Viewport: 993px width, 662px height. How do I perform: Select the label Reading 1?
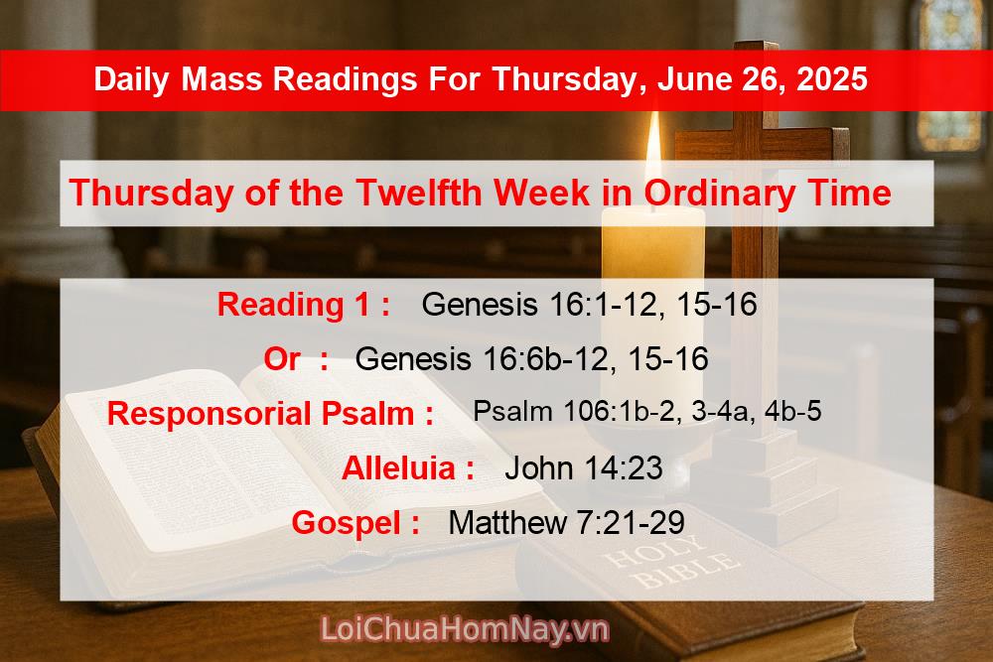click(303, 304)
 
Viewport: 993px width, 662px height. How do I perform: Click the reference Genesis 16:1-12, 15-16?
click(589, 304)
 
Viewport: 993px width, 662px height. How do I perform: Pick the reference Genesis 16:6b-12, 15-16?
click(531, 359)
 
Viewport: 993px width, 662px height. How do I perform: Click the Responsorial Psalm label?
click(270, 414)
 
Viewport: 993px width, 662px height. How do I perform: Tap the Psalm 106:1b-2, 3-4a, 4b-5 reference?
click(646, 411)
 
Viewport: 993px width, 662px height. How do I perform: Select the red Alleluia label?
click(407, 468)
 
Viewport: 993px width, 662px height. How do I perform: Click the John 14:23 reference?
click(583, 468)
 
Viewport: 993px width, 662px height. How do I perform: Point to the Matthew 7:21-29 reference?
click(566, 523)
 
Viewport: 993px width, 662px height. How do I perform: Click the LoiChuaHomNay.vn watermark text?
click(465, 629)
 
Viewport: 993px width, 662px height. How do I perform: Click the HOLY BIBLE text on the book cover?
click(671, 570)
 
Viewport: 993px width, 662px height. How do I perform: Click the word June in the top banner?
click(688, 78)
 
